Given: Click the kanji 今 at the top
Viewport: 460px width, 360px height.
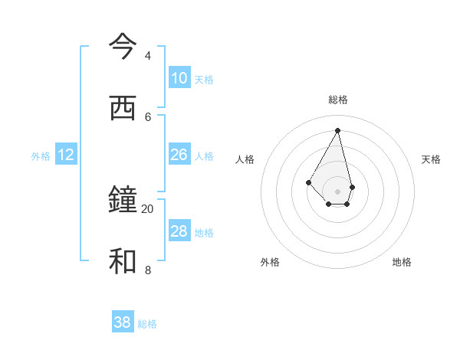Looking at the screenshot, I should (123, 46).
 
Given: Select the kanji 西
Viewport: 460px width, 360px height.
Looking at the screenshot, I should (123, 108).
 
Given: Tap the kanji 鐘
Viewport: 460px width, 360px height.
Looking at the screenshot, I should (123, 201).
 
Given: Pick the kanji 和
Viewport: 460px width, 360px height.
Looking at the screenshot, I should (123, 261).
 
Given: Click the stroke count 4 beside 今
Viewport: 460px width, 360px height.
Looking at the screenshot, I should (148, 56).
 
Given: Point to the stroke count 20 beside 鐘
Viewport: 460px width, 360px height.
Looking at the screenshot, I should (147, 208).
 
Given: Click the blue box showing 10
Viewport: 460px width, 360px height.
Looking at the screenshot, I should (179, 78).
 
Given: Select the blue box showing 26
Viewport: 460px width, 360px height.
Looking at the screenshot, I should (179, 155).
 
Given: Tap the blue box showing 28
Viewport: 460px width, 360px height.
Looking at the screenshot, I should (179, 231).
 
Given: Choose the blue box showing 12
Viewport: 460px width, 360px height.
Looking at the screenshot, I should (66, 155).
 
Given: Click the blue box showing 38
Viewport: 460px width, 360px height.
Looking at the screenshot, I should (123, 322).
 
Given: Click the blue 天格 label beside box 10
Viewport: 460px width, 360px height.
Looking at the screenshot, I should (204, 80).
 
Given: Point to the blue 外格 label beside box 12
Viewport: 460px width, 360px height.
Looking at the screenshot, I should (41, 156).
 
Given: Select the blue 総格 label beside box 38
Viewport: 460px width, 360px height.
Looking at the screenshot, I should (147, 324).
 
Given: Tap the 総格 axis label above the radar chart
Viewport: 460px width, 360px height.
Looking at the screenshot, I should (338, 100).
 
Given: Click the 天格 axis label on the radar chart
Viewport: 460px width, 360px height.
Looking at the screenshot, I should (431, 159).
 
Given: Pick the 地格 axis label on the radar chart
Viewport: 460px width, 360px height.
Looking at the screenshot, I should (402, 262).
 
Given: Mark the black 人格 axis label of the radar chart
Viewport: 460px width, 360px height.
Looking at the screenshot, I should (245, 159).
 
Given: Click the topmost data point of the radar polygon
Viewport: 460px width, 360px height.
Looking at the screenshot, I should (338, 130).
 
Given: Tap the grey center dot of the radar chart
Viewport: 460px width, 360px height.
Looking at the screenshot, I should (338, 191).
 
